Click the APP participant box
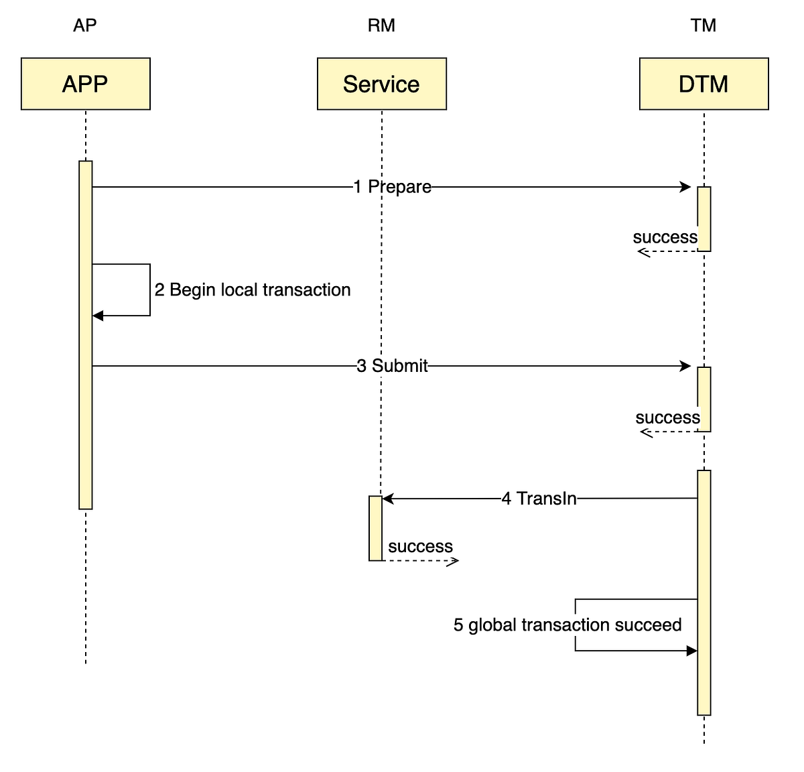click(x=85, y=84)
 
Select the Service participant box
click(x=381, y=84)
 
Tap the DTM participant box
click(x=703, y=84)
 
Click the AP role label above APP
click(x=85, y=25)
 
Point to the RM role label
click(x=381, y=25)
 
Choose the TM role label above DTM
click(x=703, y=25)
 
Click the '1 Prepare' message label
click(x=393, y=187)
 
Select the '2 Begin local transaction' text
click(x=253, y=289)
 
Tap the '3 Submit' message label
click(x=392, y=366)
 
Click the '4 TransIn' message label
click(x=539, y=499)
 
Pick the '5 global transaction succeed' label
click(x=567, y=625)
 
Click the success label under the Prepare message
click(x=665, y=237)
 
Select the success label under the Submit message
click(x=667, y=417)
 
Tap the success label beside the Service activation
click(x=420, y=547)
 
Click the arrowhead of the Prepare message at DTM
click(x=685, y=187)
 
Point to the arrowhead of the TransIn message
click(x=388, y=499)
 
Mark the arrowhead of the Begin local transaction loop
click(x=98, y=316)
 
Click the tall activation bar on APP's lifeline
click(x=85, y=335)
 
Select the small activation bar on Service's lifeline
click(x=375, y=528)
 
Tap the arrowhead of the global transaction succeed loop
click(x=691, y=651)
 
